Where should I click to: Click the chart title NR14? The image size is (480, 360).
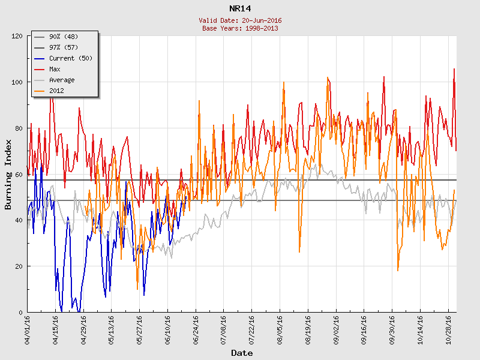(240, 8)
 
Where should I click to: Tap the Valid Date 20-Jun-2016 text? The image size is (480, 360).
(240, 20)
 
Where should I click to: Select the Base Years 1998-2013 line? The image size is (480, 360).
(240, 28)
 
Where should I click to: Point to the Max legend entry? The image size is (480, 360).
(55, 69)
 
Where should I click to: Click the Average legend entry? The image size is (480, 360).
(62, 80)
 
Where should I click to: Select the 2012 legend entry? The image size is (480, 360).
(56, 91)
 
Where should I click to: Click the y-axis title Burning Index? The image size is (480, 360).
(8, 174)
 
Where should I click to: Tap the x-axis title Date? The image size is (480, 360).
(242, 353)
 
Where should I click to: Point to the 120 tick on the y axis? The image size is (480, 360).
(17, 36)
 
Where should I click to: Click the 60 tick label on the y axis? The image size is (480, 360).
(19, 174)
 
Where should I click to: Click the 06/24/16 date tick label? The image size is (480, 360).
(196, 329)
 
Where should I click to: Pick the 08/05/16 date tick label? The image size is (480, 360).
(280, 329)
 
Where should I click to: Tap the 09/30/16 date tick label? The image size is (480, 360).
(392, 329)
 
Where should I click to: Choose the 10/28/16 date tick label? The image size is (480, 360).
(449, 329)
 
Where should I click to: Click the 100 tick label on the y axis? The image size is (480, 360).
(17, 82)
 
